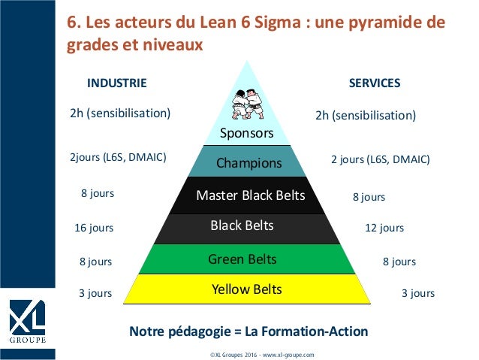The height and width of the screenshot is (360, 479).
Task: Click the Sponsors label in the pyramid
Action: tap(246, 134)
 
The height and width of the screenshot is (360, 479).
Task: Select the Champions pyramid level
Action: tap(249, 162)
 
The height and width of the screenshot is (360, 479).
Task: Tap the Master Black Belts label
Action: tap(250, 196)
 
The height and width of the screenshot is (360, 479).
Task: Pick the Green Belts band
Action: tap(243, 259)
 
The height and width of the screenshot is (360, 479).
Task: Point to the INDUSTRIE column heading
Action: tap(117, 83)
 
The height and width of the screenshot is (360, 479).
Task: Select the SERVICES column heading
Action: tap(375, 83)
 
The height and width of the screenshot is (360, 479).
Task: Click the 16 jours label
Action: tap(94, 227)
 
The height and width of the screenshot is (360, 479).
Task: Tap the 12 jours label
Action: tap(384, 227)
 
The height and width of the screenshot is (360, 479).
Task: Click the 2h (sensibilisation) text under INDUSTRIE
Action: tap(120, 113)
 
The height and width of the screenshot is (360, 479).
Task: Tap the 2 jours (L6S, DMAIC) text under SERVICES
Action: tap(381, 159)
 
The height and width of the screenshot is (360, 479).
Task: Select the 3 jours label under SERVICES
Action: tap(417, 293)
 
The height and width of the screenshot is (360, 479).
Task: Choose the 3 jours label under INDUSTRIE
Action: tap(95, 293)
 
